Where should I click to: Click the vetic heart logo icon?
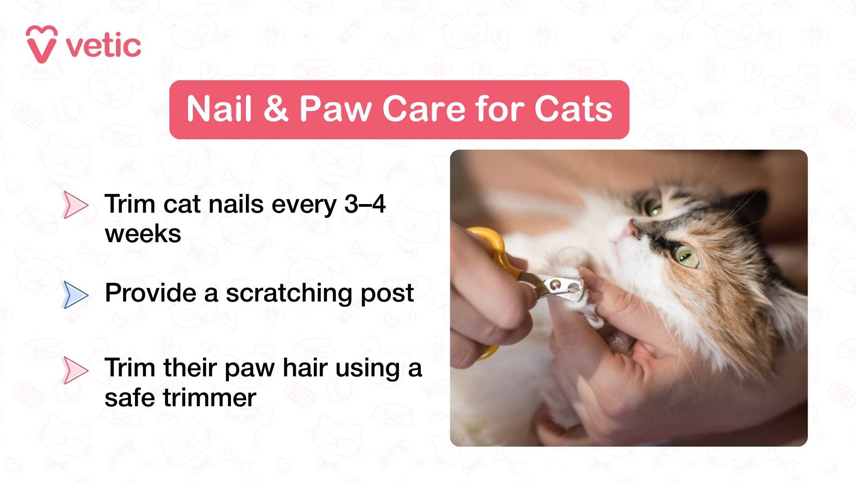42,44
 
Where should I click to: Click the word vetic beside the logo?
104,46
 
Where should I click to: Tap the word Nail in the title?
219,109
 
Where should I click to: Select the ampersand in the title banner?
275,109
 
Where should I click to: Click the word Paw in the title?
336,109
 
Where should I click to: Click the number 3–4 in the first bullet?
365,204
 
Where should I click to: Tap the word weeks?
143,234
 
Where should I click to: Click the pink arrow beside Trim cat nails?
75,205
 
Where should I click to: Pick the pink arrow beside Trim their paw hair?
75,370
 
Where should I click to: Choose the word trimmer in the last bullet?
209,398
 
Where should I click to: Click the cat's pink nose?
629,229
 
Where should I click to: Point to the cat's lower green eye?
686,257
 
